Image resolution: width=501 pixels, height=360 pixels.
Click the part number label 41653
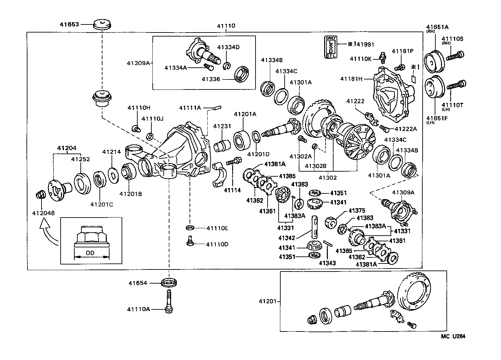click(69, 24)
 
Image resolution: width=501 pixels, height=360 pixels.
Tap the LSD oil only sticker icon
click(331, 47)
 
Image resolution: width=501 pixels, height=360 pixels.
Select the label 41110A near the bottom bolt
click(138, 309)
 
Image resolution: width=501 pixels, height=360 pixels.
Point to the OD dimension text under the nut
click(90, 253)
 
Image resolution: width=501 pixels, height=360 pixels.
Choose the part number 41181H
click(351, 79)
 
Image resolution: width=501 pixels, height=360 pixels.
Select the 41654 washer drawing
click(169, 283)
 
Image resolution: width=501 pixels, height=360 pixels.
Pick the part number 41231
click(222, 126)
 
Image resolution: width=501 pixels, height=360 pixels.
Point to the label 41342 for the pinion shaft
click(287, 238)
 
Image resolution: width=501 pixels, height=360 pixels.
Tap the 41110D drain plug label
click(217, 244)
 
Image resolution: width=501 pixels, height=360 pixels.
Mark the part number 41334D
click(228, 47)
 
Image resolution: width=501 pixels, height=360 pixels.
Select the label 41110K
click(361, 59)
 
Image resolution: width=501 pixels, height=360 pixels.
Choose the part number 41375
click(357, 211)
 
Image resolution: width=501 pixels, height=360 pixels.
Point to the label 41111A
click(190, 108)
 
